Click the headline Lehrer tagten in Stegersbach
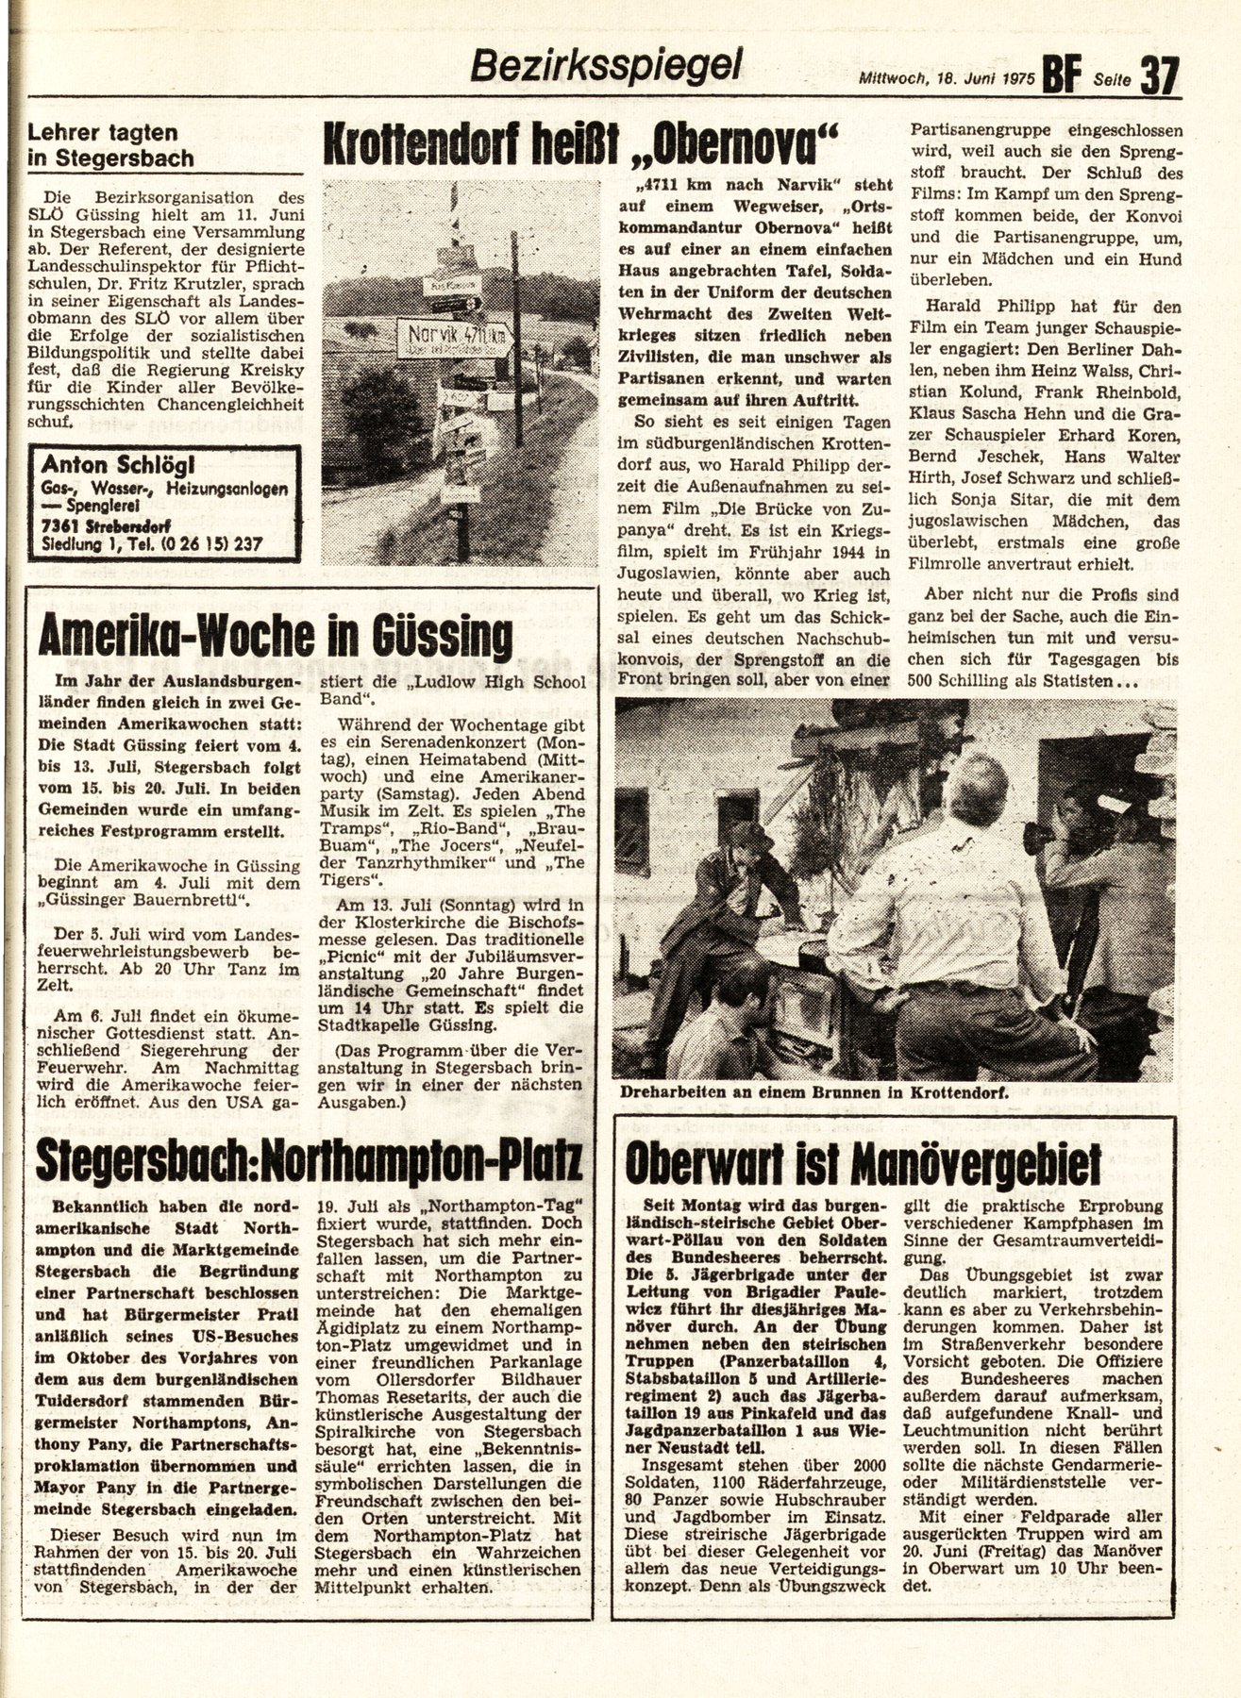click(x=111, y=145)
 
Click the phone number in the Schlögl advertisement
click(x=203, y=544)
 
